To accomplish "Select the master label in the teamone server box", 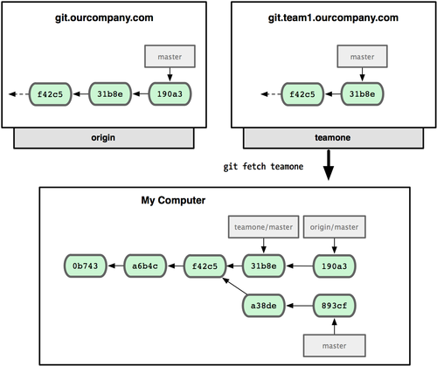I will [357, 59].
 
